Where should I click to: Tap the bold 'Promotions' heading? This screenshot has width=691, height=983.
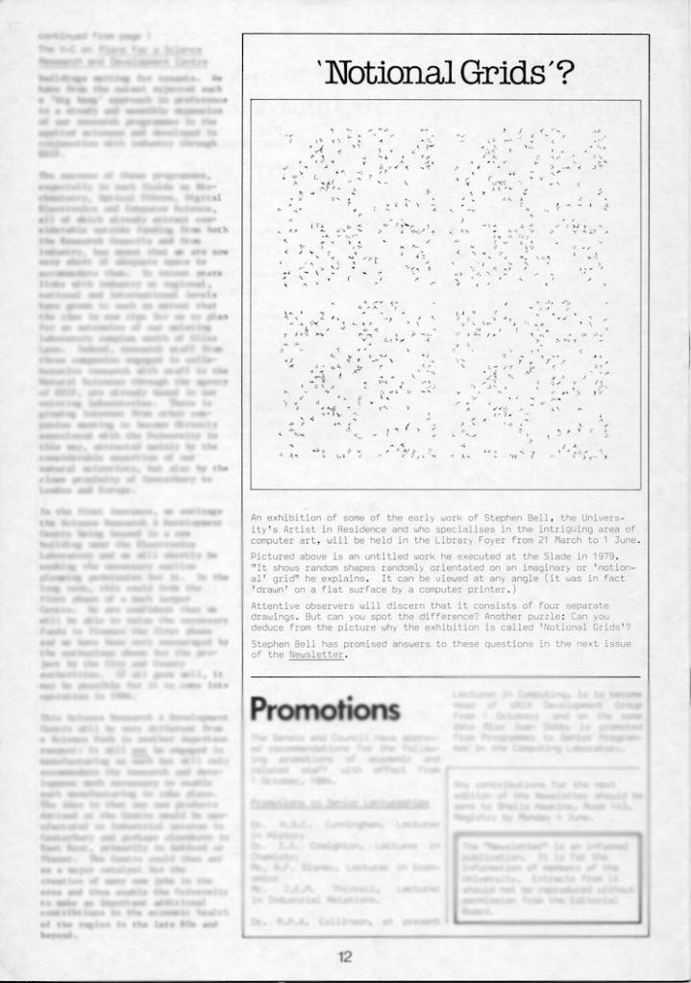(x=325, y=709)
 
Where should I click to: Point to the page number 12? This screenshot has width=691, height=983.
(x=345, y=956)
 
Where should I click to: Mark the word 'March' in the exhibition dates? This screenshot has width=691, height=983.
(x=573, y=540)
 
